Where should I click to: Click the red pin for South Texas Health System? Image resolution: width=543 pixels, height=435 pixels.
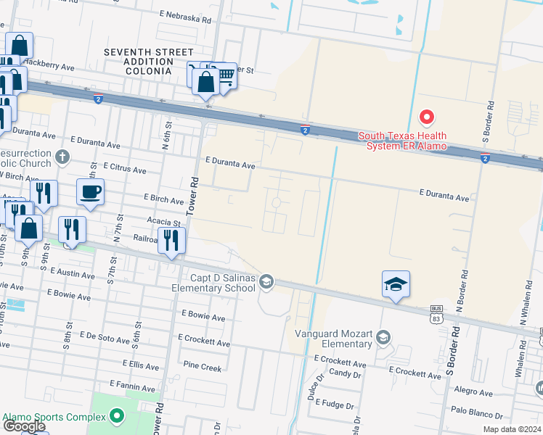pyautogui.click(x=427, y=117)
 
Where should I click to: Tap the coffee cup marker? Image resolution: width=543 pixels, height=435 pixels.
pyautogui.click(x=90, y=193)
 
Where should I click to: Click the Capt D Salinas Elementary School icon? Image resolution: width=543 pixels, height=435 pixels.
pyautogui.click(x=266, y=282)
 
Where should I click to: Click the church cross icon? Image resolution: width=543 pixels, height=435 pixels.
pyautogui.click(x=63, y=156)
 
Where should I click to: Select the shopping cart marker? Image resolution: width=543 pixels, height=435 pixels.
pyautogui.click(x=226, y=75)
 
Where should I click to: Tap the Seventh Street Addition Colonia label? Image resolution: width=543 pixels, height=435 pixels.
pyautogui.click(x=148, y=62)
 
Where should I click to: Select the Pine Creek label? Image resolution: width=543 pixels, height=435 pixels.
pyautogui.click(x=203, y=368)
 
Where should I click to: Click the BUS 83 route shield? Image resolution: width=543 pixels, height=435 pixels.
pyautogui.click(x=436, y=311)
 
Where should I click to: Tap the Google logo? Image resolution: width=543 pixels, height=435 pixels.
pyautogui.click(x=24, y=426)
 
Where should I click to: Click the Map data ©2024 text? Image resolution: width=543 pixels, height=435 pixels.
pyautogui.click(x=513, y=429)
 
